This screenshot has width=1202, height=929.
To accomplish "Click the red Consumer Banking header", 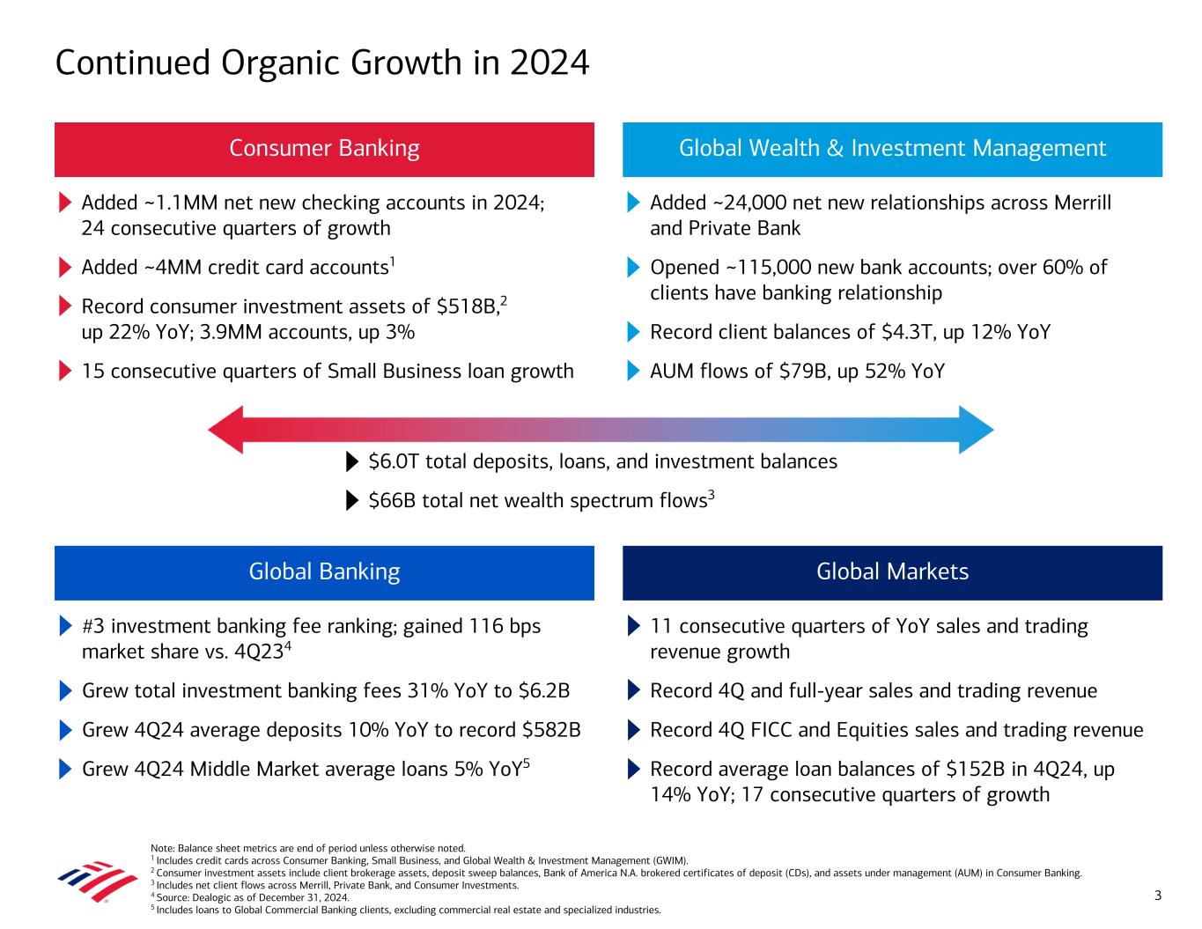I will tap(324, 149).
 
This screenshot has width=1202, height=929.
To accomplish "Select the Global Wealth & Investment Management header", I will tap(892, 149).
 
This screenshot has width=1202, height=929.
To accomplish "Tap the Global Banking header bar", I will tap(324, 572).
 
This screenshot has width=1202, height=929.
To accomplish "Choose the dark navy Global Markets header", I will tap(892, 572).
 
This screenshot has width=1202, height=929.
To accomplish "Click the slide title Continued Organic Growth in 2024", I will tap(321, 63).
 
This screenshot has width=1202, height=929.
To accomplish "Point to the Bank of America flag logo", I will tap(85, 881).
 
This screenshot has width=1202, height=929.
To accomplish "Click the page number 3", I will tap(1158, 896).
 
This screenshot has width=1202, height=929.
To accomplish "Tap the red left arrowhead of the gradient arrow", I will tap(225, 431).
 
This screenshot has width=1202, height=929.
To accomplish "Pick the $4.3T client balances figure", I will tap(898, 333).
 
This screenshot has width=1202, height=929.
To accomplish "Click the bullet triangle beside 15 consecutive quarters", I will tap(65, 372).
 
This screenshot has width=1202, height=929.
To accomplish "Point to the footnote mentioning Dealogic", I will tap(250, 897).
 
